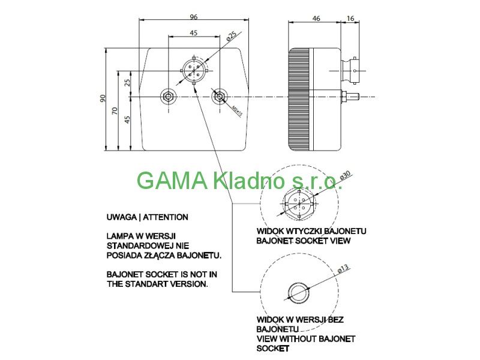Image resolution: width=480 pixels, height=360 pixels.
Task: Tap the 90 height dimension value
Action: [103, 98]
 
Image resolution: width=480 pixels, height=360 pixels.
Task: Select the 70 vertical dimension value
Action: [115, 111]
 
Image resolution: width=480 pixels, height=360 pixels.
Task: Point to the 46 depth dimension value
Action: [316, 19]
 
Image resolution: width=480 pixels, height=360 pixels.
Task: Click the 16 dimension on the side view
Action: [350, 19]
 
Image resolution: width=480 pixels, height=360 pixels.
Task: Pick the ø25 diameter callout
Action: [230, 37]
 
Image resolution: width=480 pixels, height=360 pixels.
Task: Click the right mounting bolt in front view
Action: [220, 96]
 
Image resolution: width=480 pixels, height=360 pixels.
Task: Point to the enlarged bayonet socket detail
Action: [298, 199]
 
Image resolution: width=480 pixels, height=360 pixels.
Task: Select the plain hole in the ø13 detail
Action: [298, 292]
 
